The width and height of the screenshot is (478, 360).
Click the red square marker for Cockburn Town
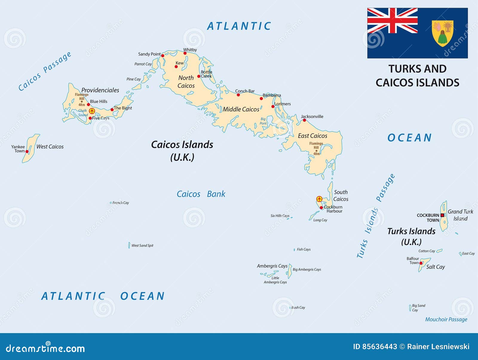point(442,215)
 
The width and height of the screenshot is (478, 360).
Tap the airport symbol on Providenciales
point(92,111)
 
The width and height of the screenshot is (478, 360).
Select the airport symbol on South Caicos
point(319,199)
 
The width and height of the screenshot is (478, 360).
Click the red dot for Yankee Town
point(27,151)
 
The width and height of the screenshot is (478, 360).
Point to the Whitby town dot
point(185,53)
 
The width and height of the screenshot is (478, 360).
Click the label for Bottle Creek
point(206,74)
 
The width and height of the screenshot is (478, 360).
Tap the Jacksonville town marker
point(304,120)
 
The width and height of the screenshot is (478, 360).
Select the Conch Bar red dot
point(238,95)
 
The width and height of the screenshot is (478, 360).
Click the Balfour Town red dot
point(421,263)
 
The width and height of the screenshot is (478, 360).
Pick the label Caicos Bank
point(201,194)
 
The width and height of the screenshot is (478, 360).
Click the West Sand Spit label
point(142,246)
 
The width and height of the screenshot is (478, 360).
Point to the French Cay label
point(121,203)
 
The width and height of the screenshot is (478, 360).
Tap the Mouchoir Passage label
point(446,319)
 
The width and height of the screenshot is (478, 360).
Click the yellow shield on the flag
point(442,33)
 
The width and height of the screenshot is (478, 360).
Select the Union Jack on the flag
point(392,21)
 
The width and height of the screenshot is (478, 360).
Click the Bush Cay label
point(298,307)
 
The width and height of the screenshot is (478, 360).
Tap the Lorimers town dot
point(273,107)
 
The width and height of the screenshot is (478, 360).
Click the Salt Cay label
point(435,267)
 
